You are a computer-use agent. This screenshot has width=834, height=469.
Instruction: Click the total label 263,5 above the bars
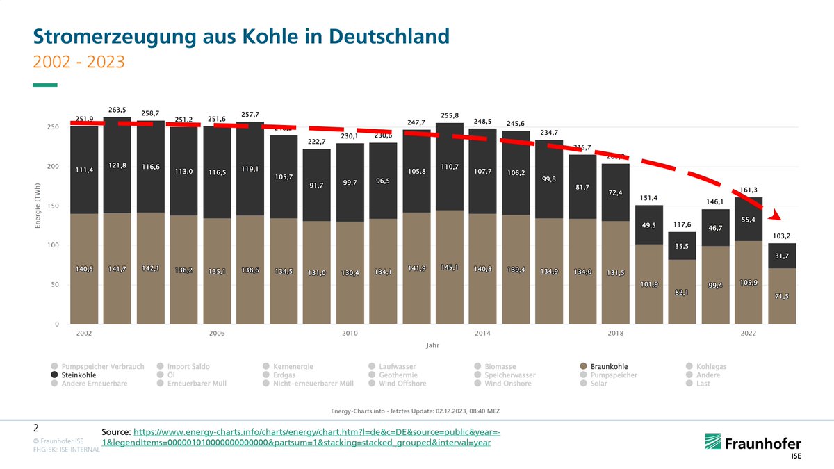(117, 110)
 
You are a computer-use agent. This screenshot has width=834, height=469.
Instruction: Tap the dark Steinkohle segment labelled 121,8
(117, 165)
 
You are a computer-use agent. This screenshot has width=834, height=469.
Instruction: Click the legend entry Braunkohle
(608, 366)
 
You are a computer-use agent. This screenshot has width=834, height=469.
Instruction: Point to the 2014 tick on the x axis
(482, 334)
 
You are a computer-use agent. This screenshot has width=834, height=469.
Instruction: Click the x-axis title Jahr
(432, 345)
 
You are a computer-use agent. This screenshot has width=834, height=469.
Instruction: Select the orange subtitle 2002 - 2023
(79, 62)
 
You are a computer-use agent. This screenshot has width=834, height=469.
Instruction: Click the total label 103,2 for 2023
(781, 236)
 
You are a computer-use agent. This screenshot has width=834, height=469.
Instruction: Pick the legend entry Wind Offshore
(402, 383)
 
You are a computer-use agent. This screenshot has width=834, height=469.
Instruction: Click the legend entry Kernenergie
(293, 366)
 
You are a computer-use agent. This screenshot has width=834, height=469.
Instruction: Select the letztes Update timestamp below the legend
(416, 411)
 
